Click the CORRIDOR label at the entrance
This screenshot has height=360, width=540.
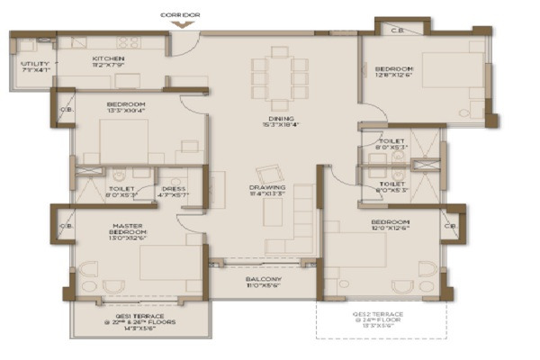pyautogui.click(x=179, y=15)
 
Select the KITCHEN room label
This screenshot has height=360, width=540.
pyautogui.click(x=114, y=58)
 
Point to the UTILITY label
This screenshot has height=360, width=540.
pyautogui.click(x=35, y=62)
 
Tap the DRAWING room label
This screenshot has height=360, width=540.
pyautogui.click(x=268, y=184)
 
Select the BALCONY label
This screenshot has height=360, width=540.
pyautogui.click(x=263, y=279)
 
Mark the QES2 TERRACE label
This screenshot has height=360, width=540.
pyautogui.click(x=382, y=314)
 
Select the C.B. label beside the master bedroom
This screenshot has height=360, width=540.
pyautogui.click(x=66, y=227)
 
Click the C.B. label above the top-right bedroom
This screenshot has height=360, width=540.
pyautogui.click(x=397, y=31)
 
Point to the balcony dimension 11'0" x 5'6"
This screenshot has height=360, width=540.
pyautogui.click(x=263, y=287)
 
